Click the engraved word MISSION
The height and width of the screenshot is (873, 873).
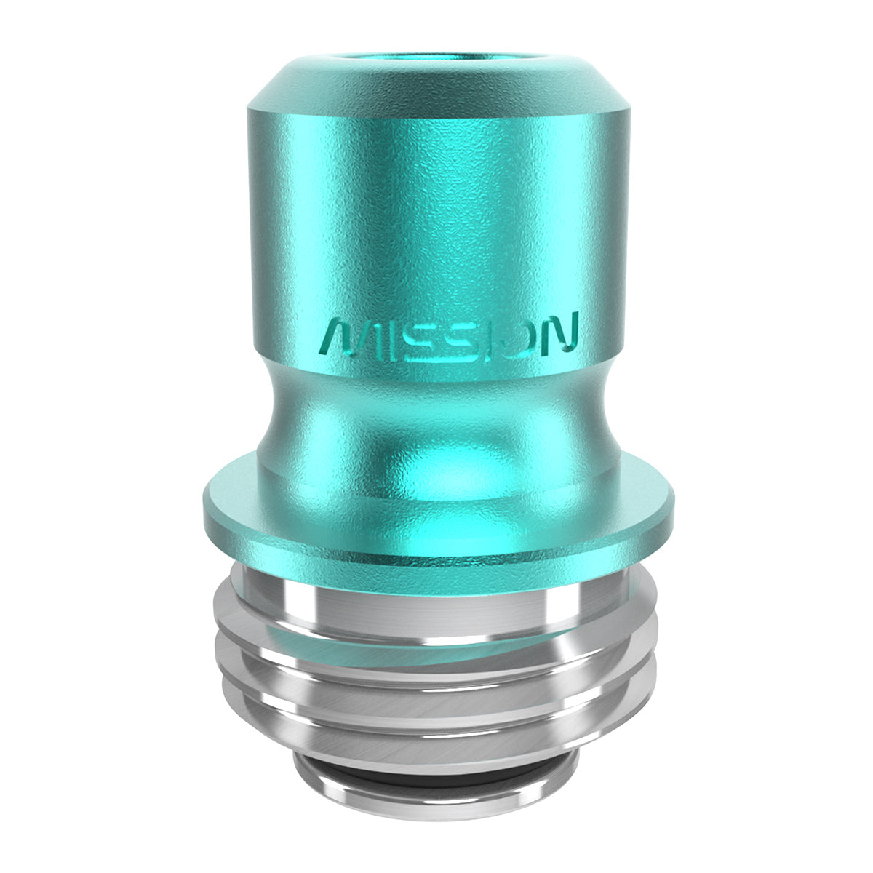point(450,336)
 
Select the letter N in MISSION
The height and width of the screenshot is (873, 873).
point(559,335)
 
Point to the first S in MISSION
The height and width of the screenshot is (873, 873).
point(413,338)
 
